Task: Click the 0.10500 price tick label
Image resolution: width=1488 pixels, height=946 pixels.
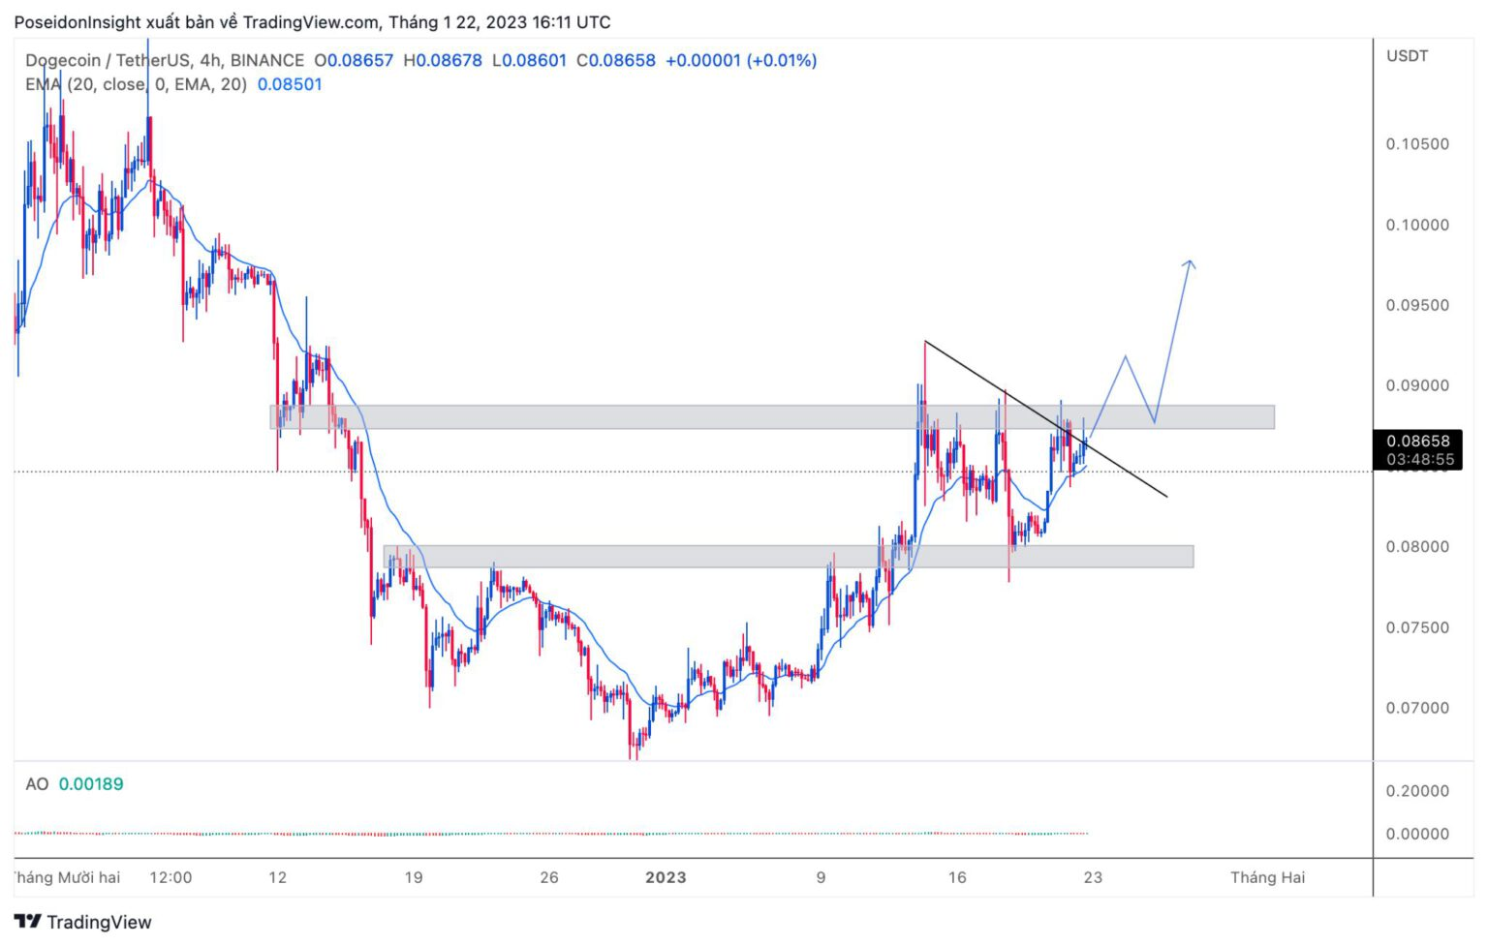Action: click(x=1416, y=144)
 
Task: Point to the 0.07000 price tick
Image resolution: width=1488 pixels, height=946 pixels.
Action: click(x=1416, y=708)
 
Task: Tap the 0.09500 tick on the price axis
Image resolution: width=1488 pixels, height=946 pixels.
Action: click(x=1416, y=305)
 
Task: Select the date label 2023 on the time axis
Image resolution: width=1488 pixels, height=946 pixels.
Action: click(x=666, y=877)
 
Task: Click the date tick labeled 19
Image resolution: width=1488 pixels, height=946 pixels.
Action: click(x=414, y=877)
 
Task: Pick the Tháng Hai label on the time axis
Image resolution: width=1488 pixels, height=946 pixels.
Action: click(x=1267, y=877)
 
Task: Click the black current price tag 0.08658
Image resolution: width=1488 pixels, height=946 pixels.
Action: click(x=1418, y=442)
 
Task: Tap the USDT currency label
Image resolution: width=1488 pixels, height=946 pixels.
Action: click(x=1407, y=56)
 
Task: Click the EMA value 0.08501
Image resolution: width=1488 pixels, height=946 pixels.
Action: click(x=290, y=84)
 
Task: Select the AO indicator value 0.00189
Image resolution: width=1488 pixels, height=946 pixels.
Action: click(x=91, y=784)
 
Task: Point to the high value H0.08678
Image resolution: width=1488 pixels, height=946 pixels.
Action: click(x=443, y=60)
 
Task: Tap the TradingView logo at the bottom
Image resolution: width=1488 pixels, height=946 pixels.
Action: click(x=83, y=922)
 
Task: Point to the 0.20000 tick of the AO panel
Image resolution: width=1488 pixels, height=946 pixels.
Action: click(x=1416, y=791)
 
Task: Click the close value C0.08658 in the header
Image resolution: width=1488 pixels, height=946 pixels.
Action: click(x=616, y=60)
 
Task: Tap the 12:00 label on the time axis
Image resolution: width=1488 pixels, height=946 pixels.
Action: click(x=170, y=877)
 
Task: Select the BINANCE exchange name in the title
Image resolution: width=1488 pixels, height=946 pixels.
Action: click(x=267, y=60)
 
